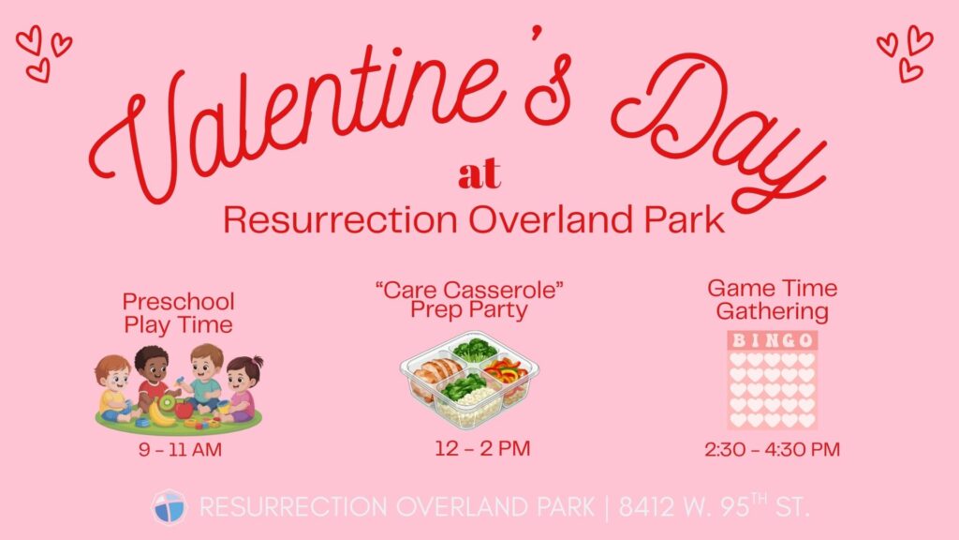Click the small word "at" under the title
479,173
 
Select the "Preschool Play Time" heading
179,313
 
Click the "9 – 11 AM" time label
180,450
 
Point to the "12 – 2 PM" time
482,448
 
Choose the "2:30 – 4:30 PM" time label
772,449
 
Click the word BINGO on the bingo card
773,340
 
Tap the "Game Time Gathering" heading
772,299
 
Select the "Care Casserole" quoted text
469,289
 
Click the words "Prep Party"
469,310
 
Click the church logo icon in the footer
169,507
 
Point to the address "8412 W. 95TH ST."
715,506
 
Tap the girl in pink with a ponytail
243,389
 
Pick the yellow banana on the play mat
159,415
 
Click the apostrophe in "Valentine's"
537,35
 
